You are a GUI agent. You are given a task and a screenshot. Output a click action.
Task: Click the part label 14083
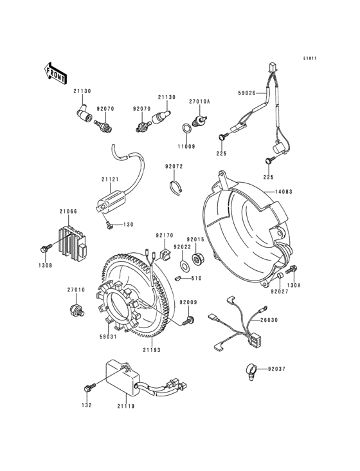(285, 192)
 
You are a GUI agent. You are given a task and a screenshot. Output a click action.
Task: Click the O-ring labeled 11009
(184, 127)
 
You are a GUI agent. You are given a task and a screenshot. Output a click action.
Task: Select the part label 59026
(248, 93)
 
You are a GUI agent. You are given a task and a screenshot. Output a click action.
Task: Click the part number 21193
(152, 350)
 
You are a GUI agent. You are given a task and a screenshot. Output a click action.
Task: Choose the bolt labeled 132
(89, 387)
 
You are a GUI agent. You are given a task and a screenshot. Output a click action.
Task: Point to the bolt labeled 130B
(46, 247)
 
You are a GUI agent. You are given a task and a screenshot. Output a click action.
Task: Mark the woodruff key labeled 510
(176, 278)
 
